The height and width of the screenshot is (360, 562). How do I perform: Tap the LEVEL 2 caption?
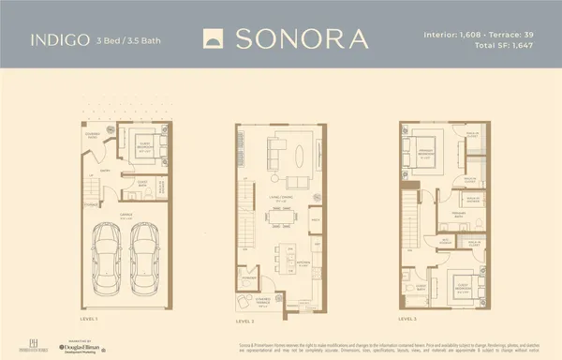click(x=247, y=320)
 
